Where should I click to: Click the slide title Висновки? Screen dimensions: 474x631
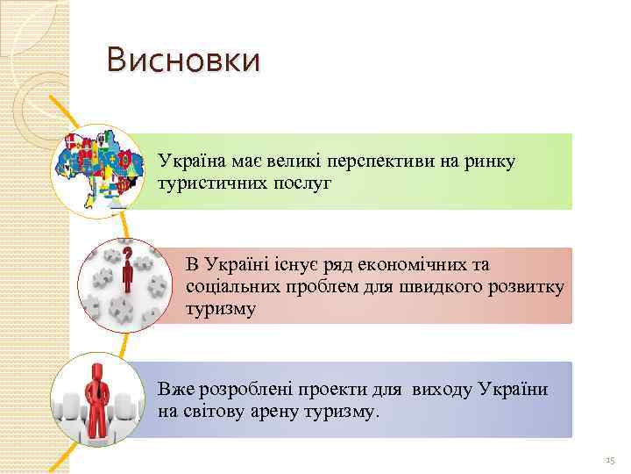[x=182, y=61]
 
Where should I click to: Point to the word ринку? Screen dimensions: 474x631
[x=493, y=161]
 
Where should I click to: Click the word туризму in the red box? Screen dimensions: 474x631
[x=221, y=308]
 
